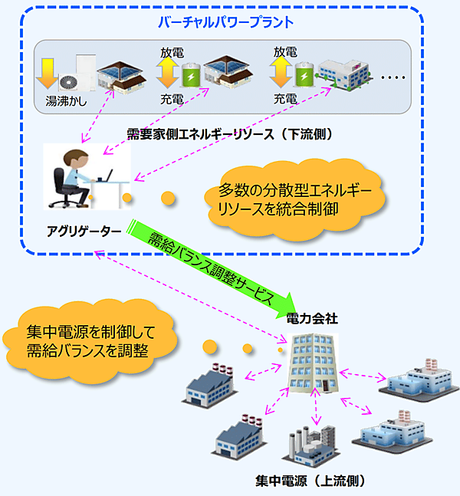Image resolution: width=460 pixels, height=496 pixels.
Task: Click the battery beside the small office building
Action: point(305,77)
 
